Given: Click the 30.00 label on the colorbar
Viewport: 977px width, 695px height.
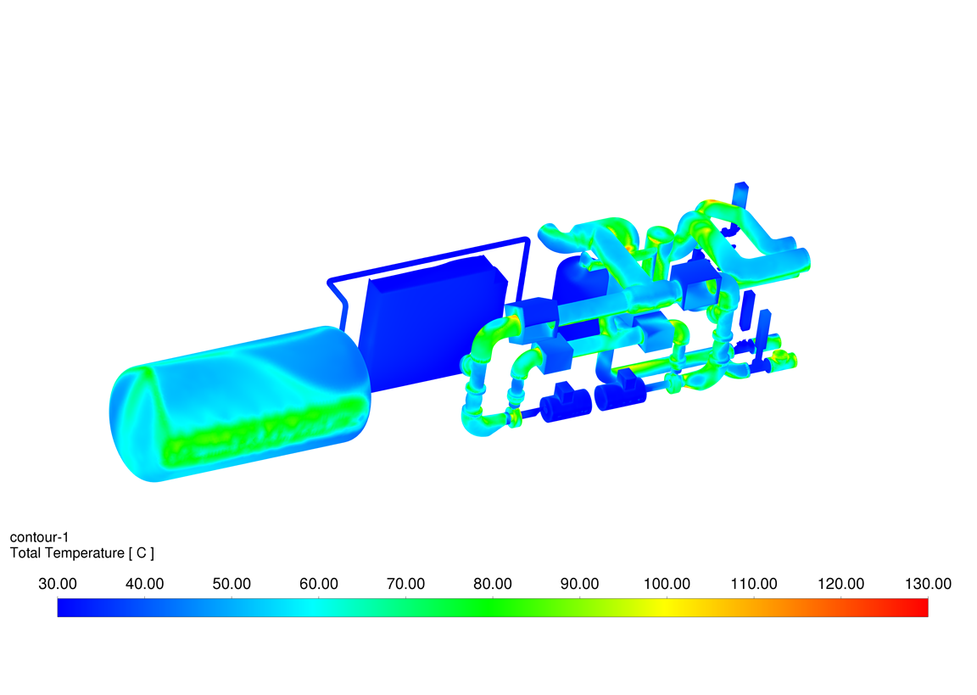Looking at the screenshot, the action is pyautogui.click(x=58, y=584).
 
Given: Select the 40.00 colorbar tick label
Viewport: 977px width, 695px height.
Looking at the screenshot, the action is pyautogui.click(x=144, y=584).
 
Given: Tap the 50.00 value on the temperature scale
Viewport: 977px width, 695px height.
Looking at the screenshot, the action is pyautogui.click(x=232, y=584).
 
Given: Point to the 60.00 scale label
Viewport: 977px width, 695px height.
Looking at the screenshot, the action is pyautogui.click(x=318, y=584).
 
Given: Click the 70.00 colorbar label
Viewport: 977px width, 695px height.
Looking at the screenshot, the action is pyautogui.click(x=405, y=584).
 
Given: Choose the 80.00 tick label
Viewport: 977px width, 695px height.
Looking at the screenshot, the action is pyautogui.click(x=493, y=584).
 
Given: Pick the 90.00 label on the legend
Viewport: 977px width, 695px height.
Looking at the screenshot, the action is pyautogui.click(x=579, y=584).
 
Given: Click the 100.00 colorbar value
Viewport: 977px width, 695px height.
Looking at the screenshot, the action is pyautogui.click(x=667, y=584).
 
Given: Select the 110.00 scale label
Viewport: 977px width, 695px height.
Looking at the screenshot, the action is pyautogui.click(x=754, y=584).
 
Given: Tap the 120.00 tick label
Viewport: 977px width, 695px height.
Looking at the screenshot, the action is pyautogui.click(x=841, y=584).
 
